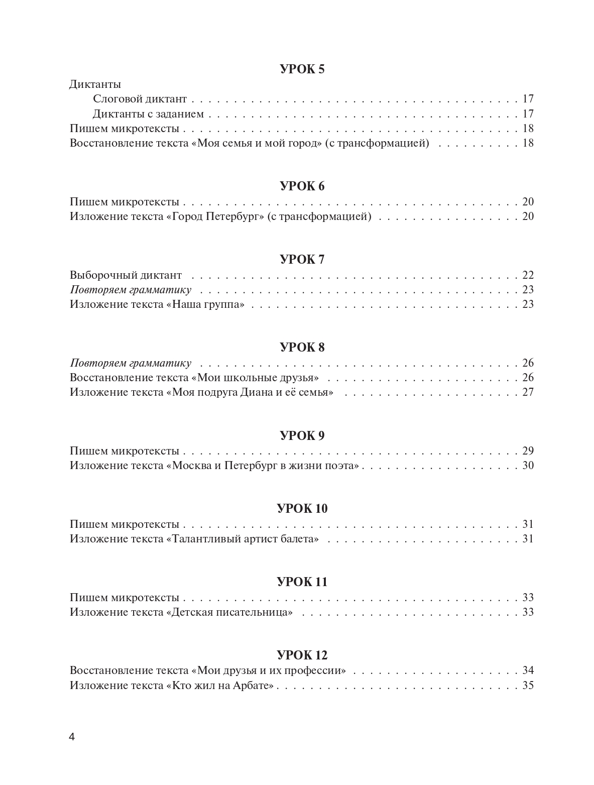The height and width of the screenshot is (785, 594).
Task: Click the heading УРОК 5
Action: [302, 69]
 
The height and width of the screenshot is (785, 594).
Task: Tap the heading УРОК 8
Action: [302, 348]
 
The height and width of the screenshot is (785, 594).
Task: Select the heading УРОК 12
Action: [302, 655]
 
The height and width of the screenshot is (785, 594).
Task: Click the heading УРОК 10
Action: [302, 509]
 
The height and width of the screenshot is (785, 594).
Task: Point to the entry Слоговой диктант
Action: [140, 99]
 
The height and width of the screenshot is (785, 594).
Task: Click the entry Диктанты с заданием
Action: [148, 114]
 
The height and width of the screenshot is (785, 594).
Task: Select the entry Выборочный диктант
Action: [126, 275]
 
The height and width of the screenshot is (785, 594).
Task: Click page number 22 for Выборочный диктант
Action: [528, 275]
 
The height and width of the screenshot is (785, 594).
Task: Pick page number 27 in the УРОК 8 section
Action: [528, 392]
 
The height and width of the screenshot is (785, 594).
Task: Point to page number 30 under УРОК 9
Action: [528, 466]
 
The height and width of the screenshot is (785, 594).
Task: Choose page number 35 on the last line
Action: [528, 685]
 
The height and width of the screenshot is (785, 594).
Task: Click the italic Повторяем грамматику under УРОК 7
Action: [131, 290]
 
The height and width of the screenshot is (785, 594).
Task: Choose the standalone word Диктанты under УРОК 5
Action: [95, 84]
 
